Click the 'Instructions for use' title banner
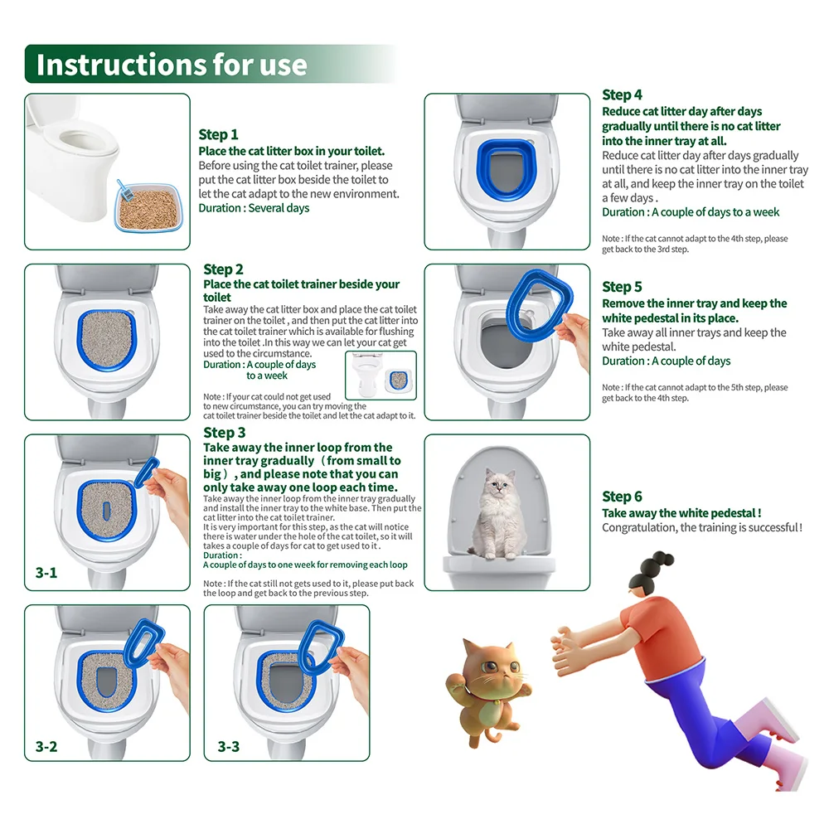(x=171, y=65)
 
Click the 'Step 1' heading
(x=218, y=134)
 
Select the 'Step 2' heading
(x=223, y=269)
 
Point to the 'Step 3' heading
(x=224, y=432)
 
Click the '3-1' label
(x=46, y=572)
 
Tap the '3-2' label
(x=46, y=746)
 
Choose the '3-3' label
(x=229, y=746)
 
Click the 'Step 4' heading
(x=622, y=95)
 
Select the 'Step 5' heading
(x=622, y=287)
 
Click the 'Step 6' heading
(x=622, y=497)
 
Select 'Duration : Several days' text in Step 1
(x=254, y=208)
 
